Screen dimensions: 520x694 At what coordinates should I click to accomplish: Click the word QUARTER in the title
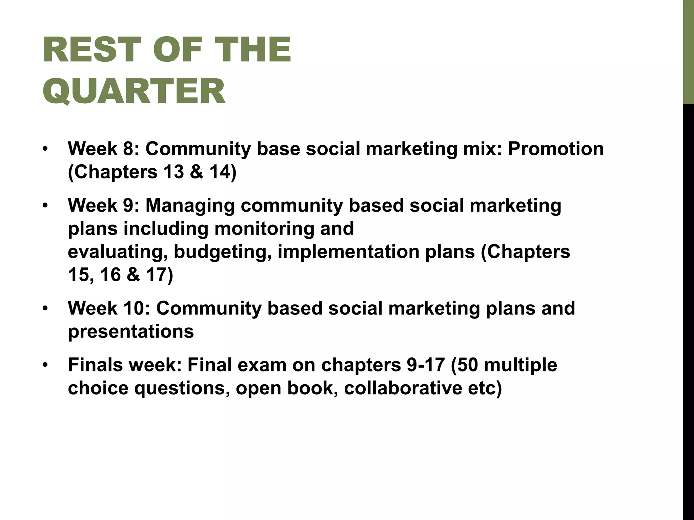click(x=134, y=91)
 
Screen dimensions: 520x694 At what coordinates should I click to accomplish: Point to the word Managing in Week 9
click(x=190, y=206)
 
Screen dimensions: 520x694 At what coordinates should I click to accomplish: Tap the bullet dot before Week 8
click(x=45, y=149)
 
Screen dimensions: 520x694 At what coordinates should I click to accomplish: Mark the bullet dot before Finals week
click(x=45, y=365)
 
